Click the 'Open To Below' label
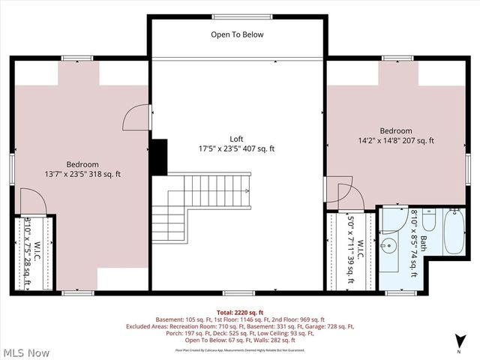pos(237,34)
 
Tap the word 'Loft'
pos(237,139)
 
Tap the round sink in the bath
pos(391,245)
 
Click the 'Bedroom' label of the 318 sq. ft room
pos(82,164)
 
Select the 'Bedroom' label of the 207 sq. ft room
pos(395,130)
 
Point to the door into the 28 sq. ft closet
pos(31,201)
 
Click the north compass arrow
pos(458,344)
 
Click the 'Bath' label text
pos(422,244)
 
